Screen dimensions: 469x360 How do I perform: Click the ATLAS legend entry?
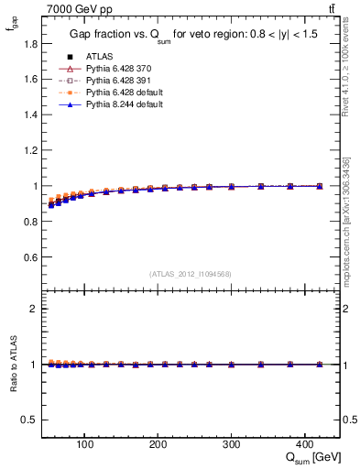[x=99, y=57]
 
